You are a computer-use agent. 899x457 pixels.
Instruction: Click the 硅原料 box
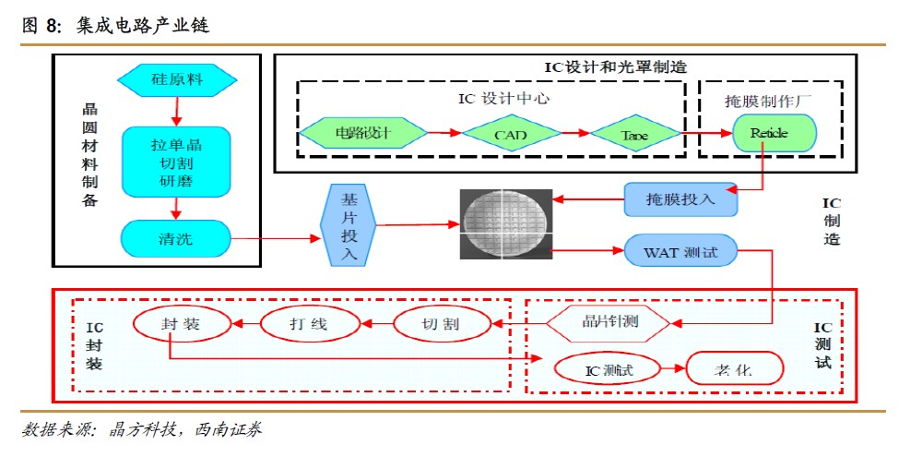[x=175, y=79]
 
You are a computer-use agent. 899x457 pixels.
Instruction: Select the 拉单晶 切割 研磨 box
[x=175, y=163]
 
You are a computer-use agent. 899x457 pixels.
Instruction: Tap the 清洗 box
[x=175, y=239]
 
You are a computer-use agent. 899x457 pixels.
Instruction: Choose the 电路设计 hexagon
[x=362, y=133]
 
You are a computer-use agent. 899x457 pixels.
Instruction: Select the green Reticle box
[x=775, y=133]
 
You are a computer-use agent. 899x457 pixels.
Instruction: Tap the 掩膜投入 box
[x=681, y=199]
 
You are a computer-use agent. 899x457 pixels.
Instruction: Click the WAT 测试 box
[x=680, y=250]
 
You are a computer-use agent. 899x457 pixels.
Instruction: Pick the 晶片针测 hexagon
[x=609, y=322]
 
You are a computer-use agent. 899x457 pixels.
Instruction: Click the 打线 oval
[x=308, y=324]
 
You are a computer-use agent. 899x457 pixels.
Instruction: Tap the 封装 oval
[x=181, y=323]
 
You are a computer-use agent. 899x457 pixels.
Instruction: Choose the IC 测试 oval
[x=609, y=370]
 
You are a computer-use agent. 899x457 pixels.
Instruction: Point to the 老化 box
[x=735, y=370]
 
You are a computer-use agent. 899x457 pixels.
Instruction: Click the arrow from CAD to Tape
[x=572, y=134]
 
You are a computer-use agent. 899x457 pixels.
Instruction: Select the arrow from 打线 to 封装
[x=244, y=324]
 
